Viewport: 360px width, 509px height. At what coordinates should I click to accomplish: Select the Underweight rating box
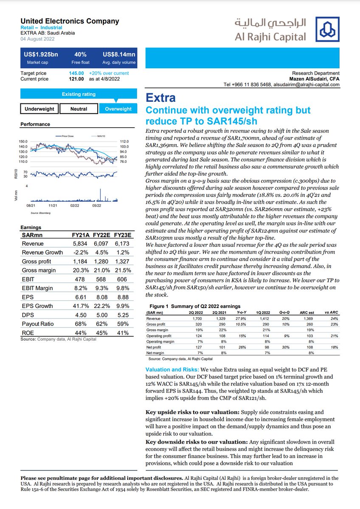click(39, 109)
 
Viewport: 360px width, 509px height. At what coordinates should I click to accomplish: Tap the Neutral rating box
click(79, 109)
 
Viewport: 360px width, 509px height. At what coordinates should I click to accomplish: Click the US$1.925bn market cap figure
click(41, 55)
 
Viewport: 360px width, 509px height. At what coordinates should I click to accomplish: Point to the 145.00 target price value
click(76, 73)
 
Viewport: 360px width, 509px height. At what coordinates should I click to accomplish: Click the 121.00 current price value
click(76, 79)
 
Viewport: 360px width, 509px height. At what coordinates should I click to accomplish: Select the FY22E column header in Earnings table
click(101, 235)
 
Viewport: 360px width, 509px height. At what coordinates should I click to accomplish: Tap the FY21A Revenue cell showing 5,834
click(79, 243)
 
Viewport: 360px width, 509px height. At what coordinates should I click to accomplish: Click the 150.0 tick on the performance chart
click(23, 141)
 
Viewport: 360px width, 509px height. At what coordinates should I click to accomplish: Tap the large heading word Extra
click(160, 98)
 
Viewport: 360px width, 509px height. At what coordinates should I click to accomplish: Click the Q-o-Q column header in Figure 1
click(284, 312)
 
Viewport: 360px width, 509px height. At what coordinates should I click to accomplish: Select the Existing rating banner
click(79, 94)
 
